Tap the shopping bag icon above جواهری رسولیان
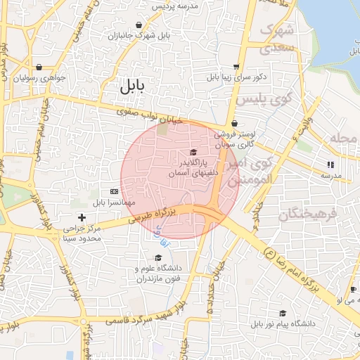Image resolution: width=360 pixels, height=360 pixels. click(39, 67)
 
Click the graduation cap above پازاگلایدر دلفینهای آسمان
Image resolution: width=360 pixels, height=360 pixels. click(193, 153)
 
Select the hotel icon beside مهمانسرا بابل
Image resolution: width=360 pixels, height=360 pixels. click(114, 191)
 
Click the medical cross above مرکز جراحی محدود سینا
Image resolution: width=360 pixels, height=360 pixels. click(82, 218)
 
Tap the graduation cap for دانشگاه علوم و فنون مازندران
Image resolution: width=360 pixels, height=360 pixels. click(157, 257)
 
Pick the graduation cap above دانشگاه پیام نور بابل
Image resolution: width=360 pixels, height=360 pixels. click(283, 314)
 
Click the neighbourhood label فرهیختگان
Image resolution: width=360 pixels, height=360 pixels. click(308, 214)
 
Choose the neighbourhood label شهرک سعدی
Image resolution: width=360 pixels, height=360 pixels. click(276, 39)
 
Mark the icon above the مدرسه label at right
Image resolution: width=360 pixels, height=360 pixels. click(329, 165)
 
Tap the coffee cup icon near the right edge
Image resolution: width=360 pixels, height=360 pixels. click(352, 289)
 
